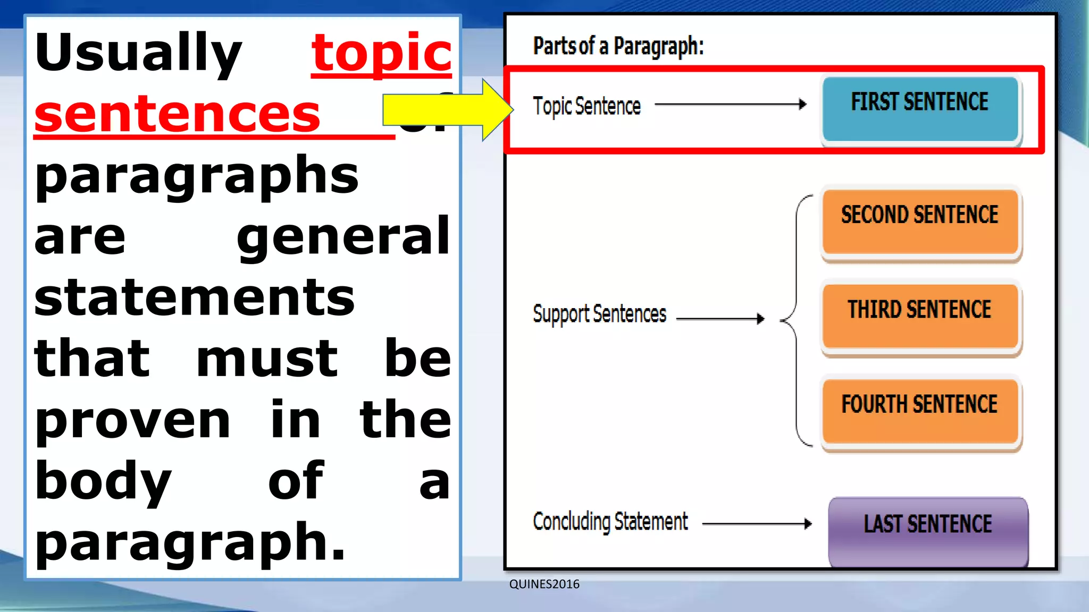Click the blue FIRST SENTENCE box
pyautogui.click(x=920, y=109)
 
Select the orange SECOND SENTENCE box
pyautogui.click(x=920, y=222)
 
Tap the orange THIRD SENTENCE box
pyautogui.click(x=920, y=316)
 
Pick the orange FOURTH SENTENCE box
pyautogui.click(x=920, y=411)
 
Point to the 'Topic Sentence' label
pyautogui.click(x=587, y=106)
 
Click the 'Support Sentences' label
pyautogui.click(x=599, y=314)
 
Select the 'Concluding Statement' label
pyautogui.click(x=610, y=521)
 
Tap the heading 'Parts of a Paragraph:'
pyautogui.click(x=618, y=46)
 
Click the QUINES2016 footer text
pyautogui.click(x=544, y=584)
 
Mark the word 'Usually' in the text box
pyautogui.click(x=138, y=53)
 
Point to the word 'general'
pyautogui.click(x=344, y=237)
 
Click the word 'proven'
pyautogui.click(x=133, y=420)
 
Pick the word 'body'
pyautogui.click(x=103, y=481)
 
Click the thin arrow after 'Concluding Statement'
pyautogui.click(x=757, y=524)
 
